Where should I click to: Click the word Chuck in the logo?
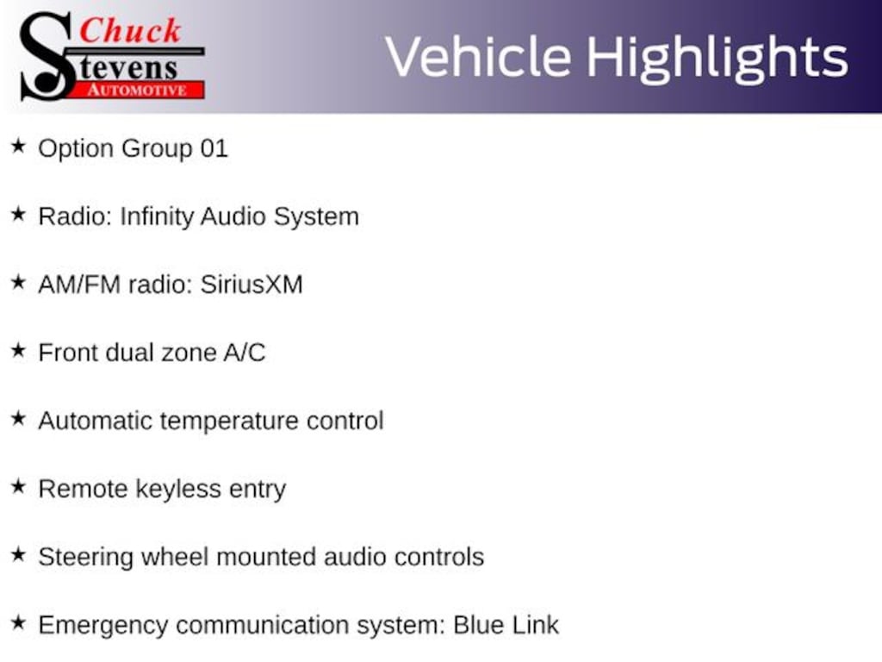(x=130, y=30)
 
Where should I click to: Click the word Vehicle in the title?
(x=479, y=57)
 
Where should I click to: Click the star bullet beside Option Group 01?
(x=19, y=147)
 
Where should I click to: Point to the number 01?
(x=214, y=148)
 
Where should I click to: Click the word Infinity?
(x=157, y=217)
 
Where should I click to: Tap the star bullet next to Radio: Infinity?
(x=19, y=215)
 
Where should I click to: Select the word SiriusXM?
(x=252, y=284)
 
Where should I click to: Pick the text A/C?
(x=244, y=353)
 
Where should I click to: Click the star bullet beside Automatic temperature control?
(x=19, y=419)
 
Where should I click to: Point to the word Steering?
(x=85, y=558)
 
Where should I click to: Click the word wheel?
(x=174, y=557)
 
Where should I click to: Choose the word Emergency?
(x=103, y=626)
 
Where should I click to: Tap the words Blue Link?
(x=506, y=625)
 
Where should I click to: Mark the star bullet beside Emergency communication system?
(x=19, y=623)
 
